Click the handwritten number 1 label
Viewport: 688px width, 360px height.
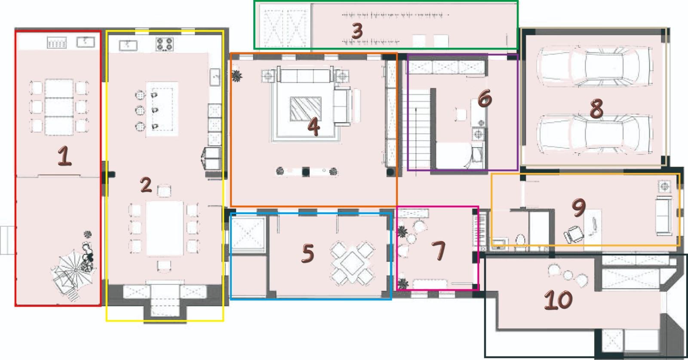click(64, 156)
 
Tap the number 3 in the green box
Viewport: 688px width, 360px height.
click(357, 31)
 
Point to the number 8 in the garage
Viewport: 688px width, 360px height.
click(596, 109)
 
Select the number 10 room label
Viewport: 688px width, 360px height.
click(558, 300)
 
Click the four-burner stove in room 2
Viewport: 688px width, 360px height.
click(165, 44)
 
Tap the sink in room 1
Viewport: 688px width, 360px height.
click(86, 42)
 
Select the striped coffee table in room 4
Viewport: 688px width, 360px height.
click(306, 109)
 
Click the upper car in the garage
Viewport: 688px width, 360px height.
click(595, 66)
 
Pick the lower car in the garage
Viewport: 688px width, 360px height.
click(595, 134)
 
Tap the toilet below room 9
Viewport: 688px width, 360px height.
click(520, 241)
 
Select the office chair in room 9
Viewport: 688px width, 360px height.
click(573, 234)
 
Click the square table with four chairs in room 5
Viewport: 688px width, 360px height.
click(352, 263)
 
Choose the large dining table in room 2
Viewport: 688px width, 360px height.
click(165, 228)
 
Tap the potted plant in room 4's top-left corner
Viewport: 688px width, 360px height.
click(236, 76)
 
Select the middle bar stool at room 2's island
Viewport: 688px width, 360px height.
click(140, 110)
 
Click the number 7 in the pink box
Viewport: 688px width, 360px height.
click(439, 250)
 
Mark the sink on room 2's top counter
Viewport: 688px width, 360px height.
click(128, 46)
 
